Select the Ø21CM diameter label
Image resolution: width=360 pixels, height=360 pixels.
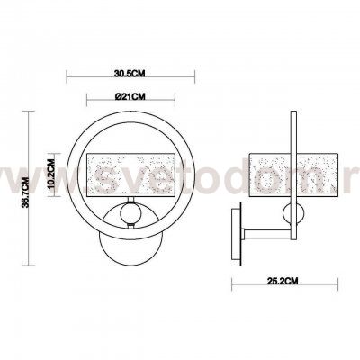click(x=131, y=94)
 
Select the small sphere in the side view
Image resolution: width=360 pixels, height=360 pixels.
click(x=293, y=213)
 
